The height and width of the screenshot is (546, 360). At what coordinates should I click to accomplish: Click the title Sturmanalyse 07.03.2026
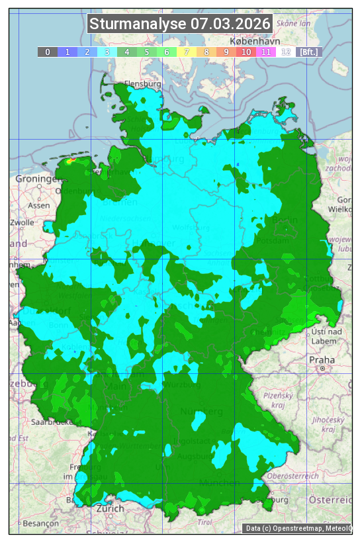coord(180,24)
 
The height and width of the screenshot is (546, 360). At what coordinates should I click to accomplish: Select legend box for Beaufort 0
coord(47,52)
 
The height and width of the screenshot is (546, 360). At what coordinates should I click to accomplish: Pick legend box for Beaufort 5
coord(146,52)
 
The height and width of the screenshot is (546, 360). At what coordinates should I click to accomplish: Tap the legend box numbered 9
coord(226,52)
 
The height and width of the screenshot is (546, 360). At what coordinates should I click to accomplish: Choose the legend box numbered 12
coord(285,52)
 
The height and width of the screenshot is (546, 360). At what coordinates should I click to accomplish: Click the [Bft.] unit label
coord(308,52)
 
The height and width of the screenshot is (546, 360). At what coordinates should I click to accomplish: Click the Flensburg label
coord(143,85)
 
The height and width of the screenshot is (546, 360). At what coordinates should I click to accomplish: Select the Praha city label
coord(322,359)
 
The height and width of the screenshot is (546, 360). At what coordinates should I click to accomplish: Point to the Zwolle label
coord(22,222)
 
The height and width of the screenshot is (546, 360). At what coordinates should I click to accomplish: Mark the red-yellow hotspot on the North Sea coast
coord(71,159)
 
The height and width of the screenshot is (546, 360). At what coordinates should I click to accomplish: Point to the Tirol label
coord(206,523)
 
